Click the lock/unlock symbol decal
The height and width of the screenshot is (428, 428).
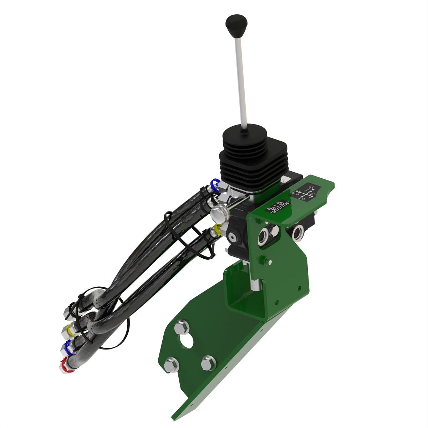pos(277,207)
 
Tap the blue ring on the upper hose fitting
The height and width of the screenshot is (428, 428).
pos(215,185)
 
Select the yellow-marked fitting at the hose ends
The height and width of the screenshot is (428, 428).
pos(68,331)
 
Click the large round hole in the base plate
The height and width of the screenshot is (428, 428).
pos(186,341)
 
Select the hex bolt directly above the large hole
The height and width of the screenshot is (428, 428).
pos(181,327)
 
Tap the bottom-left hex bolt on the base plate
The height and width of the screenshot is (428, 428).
pos(172,365)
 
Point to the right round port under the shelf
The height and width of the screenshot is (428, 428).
pos(298,232)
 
